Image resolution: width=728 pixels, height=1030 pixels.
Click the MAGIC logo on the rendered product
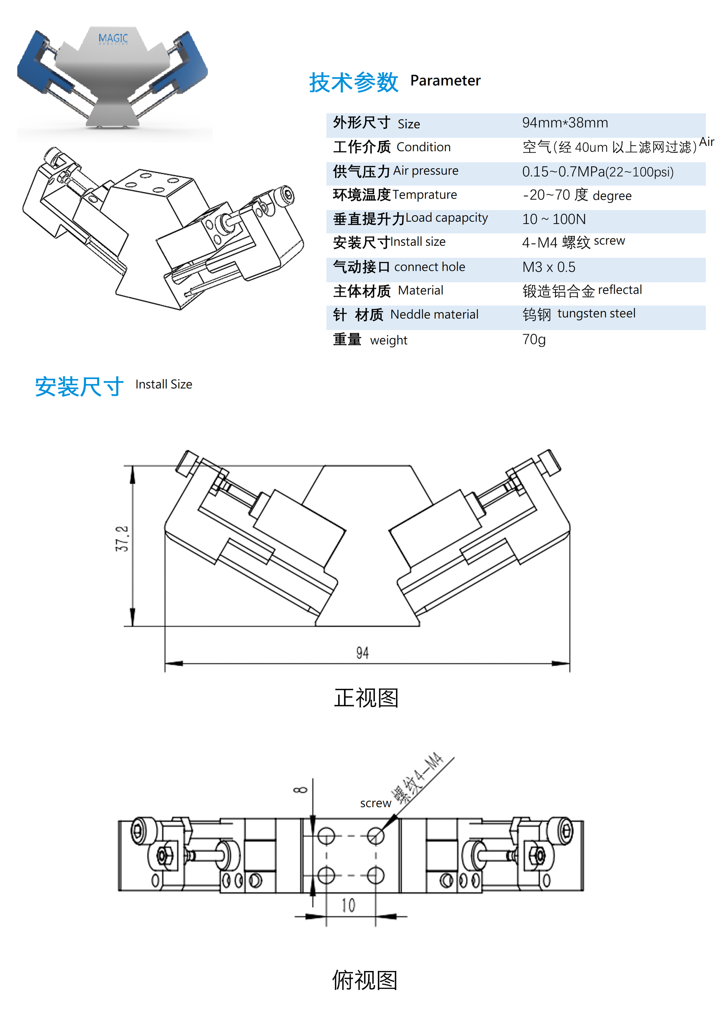point(113,39)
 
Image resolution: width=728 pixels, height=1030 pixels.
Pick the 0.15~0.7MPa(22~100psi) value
point(597,172)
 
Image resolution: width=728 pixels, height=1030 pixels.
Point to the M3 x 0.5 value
point(548,267)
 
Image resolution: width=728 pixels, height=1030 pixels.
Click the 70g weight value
point(533,339)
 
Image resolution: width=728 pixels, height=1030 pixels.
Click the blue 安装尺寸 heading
point(79,387)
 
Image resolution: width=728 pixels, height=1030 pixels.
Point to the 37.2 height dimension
point(122,538)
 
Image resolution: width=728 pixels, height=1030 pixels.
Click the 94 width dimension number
point(363,653)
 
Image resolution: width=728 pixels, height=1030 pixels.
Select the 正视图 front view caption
point(366,698)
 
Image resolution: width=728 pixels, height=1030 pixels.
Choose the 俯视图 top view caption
point(365,980)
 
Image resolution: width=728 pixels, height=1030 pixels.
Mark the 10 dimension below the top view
point(348,905)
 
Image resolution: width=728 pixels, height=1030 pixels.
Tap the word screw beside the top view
point(375,803)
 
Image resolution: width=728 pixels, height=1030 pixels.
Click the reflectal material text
point(620,290)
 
